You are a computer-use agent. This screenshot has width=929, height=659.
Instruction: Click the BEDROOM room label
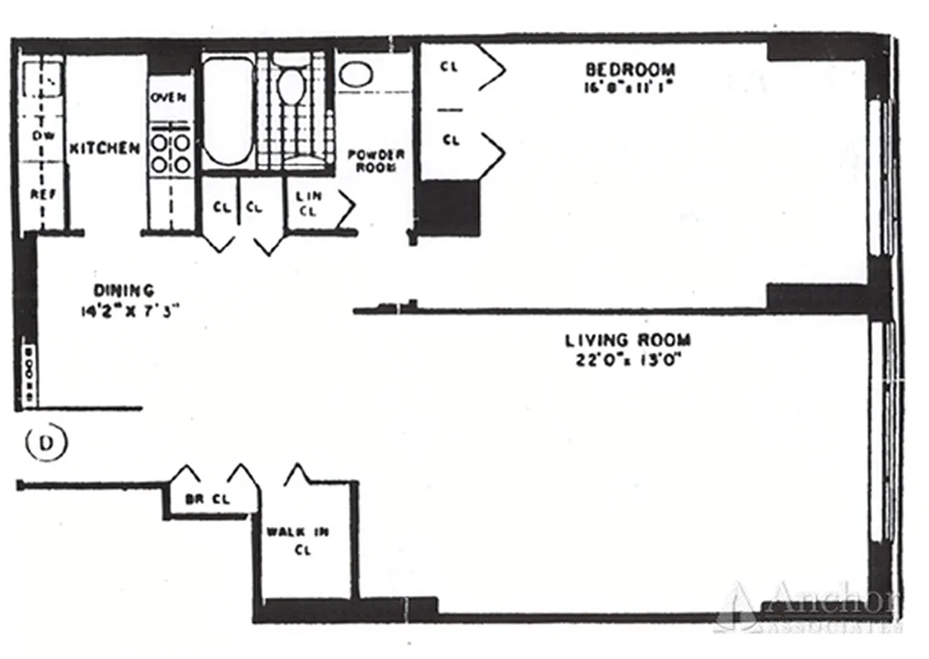click(629, 69)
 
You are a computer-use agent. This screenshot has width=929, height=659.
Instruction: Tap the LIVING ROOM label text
click(628, 339)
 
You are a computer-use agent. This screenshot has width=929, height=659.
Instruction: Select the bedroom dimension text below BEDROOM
click(629, 86)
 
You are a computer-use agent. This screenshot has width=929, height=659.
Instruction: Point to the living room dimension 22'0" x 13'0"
click(628, 359)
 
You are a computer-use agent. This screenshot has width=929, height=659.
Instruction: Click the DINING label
click(124, 290)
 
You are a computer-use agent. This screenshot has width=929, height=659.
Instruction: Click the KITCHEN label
click(104, 149)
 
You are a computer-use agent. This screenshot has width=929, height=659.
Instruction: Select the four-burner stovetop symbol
click(171, 153)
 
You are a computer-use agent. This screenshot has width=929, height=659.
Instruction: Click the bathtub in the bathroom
click(227, 111)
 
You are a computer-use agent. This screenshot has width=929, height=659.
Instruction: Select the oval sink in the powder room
click(356, 74)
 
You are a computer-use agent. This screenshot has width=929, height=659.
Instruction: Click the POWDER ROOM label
click(376, 160)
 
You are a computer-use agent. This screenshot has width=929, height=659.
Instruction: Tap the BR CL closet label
click(207, 499)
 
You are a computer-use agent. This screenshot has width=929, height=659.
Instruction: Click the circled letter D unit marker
click(46, 442)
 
